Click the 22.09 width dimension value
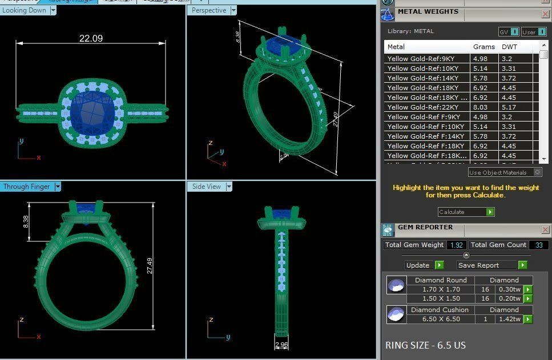(91, 38)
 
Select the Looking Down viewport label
(25, 10)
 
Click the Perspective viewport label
(209, 10)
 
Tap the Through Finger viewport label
(26, 187)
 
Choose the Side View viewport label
(206, 187)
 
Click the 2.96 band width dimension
(281, 345)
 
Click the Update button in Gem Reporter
(418, 265)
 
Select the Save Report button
(478, 265)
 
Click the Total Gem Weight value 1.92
(456, 245)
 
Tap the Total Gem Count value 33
(538, 245)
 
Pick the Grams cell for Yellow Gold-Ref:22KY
(480, 107)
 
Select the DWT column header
(509, 47)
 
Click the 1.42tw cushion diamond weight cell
(509, 319)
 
